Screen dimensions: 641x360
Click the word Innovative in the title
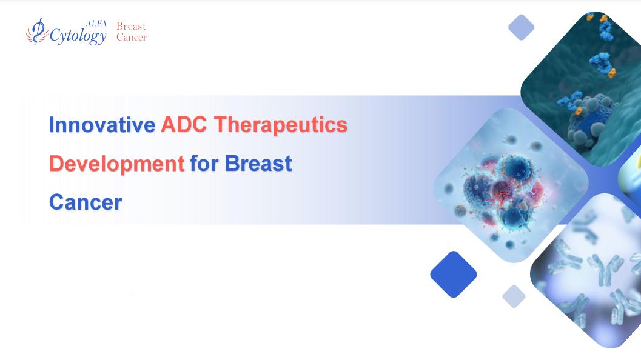tap(102, 125)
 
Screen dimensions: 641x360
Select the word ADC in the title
tap(184, 125)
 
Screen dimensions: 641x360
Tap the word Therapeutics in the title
tap(281, 125)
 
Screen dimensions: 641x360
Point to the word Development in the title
tap(117, 164)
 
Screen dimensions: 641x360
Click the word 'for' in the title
tap(204, 164)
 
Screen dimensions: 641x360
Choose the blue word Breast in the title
tap(258, 164)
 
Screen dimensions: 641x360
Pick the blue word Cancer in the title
tap(86, 202)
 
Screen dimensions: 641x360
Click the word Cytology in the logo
tap(78, 36)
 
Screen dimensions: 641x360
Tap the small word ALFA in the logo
tap(96, 23)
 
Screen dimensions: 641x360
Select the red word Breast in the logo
tap(131, 27)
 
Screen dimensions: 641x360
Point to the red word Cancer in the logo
tap(132, 37)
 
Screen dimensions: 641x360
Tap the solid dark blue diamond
tap(454, 274)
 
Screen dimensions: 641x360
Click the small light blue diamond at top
tap(521, 27)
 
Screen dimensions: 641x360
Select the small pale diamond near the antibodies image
tap(514, 296)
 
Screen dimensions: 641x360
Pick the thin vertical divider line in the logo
tap(112, 32)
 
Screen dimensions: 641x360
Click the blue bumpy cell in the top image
tap(588, 121)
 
